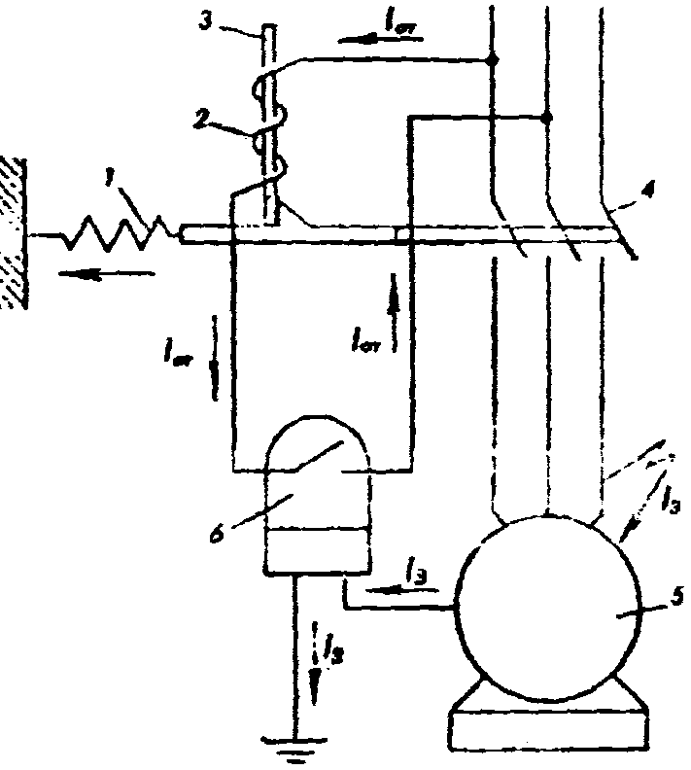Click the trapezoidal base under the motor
(x=548, y=725)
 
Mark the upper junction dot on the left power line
(x=493, y=61)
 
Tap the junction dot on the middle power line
(x=547, y=118)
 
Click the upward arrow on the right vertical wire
(x=394, y=296)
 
